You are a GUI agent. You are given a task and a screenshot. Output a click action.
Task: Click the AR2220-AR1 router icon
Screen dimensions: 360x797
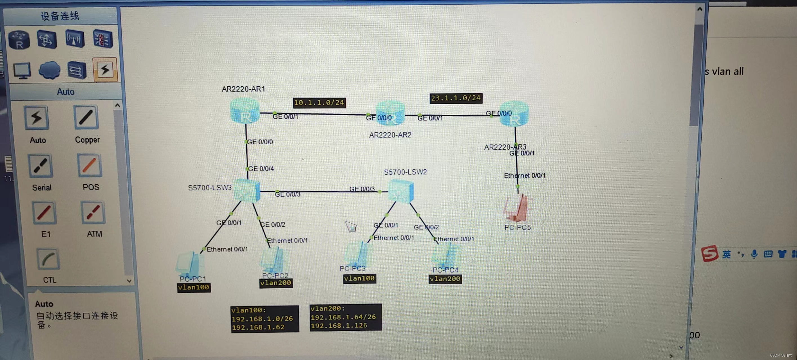pos(245,111)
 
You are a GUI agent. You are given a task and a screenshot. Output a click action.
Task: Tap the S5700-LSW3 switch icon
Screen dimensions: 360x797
pos(247,190)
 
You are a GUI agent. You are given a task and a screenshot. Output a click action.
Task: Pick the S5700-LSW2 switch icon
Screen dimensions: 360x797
pos(401,191)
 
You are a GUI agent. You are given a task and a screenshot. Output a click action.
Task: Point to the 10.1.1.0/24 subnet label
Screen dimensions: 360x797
pos(319,103)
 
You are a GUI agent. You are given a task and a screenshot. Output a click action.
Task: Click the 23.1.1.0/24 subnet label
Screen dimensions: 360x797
pos(456,98)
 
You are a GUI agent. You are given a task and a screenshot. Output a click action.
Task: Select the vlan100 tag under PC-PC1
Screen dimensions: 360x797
pos(194,287)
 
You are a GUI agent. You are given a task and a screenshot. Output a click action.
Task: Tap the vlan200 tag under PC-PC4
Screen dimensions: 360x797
pos(445,279)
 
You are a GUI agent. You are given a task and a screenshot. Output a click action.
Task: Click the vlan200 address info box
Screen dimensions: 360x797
pos(345,317)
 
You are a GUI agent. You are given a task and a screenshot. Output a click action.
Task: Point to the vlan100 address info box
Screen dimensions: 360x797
pos(265,319)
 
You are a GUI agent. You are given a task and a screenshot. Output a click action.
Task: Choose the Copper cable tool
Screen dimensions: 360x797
pos(86,118)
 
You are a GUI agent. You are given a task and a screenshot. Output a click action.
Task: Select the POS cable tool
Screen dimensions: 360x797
pos(90,165)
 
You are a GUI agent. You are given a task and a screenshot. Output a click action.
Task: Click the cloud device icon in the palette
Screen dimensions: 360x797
pos(50,70)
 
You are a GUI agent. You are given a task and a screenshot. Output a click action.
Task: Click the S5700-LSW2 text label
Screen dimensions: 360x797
pos(405,172)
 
